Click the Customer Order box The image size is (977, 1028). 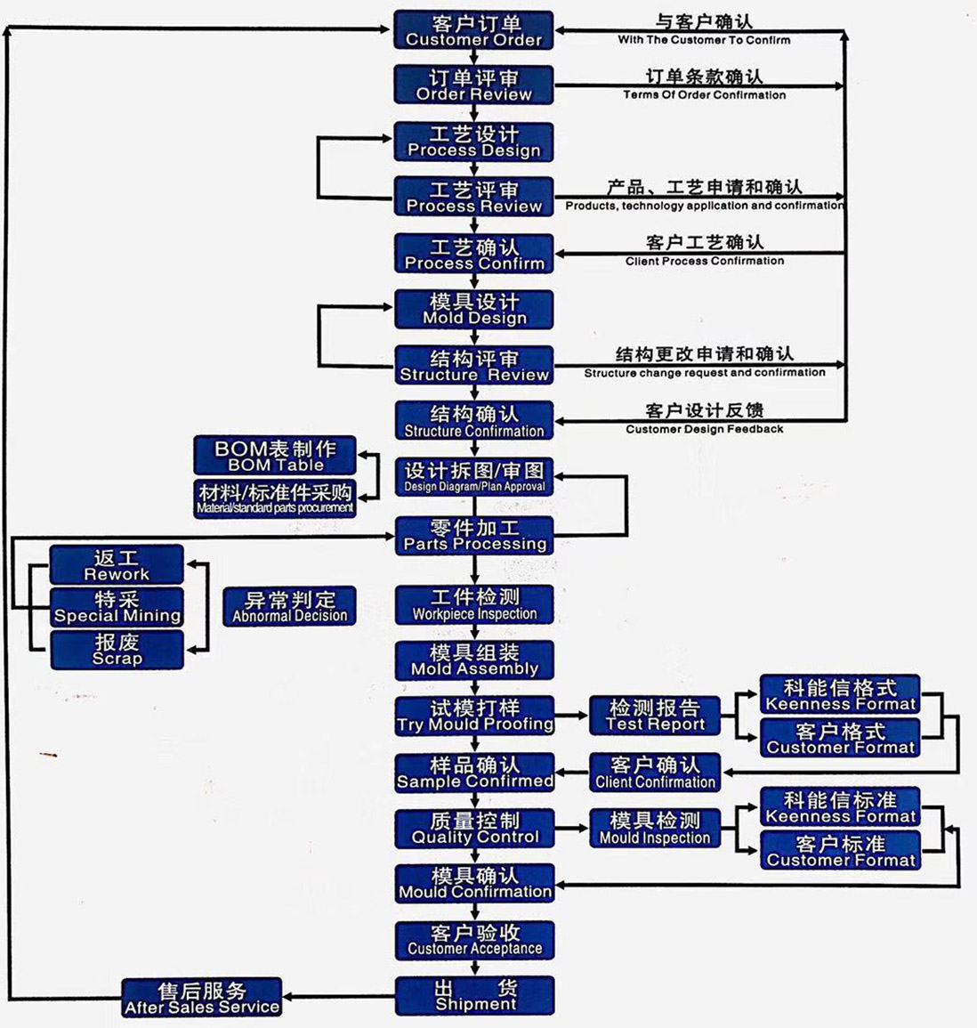[474, 31]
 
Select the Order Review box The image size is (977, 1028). [474, 85]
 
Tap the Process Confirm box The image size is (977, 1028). [474, 254]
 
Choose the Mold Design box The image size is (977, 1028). [474, 310]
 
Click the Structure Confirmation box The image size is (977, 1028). [474, 421]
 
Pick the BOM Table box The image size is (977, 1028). [275, 456]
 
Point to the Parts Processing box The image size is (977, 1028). [474, 535]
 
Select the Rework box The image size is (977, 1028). [117, 565]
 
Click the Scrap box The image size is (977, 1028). [117, 650]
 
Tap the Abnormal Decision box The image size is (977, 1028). [290, 606]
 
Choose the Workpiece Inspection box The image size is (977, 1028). [474, 604]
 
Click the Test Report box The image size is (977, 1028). [655, 716]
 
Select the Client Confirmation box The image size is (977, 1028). [655, 773]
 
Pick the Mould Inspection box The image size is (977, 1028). [655, 828]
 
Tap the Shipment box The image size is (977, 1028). [474, 995]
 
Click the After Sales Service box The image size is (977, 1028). [202, 998]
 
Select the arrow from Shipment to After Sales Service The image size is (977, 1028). [339, 997]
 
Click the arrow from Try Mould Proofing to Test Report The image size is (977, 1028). [571, 716]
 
